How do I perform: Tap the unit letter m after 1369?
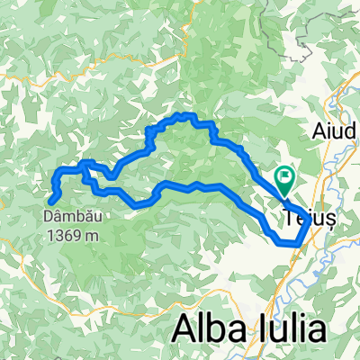pos(93,236)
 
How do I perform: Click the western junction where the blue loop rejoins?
pos(86,166)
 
